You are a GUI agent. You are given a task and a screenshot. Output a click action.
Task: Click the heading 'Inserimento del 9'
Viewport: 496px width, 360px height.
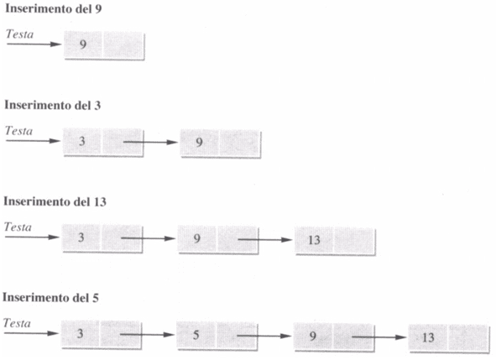54,9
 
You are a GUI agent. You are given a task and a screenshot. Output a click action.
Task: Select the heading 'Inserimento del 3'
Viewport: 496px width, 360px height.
53,106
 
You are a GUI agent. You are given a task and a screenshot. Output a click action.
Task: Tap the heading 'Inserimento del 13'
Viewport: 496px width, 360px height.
55,201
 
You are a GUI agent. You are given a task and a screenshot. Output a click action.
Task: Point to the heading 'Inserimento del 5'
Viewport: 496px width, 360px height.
50,298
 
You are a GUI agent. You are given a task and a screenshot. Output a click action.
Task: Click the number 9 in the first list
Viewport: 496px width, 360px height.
83,44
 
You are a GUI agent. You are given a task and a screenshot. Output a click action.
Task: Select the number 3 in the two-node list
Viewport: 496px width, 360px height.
82,141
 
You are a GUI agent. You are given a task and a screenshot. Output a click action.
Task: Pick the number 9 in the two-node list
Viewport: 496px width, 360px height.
199,142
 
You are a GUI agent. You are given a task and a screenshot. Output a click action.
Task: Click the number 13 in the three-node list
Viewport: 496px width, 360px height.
314,240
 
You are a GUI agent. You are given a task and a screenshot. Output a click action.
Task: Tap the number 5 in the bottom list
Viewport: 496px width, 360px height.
196,335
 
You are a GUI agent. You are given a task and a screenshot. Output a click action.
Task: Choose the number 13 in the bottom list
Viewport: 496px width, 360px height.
428,337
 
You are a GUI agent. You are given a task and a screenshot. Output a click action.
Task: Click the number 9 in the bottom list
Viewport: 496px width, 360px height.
312,336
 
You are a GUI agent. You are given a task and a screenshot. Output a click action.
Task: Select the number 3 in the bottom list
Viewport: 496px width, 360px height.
81,333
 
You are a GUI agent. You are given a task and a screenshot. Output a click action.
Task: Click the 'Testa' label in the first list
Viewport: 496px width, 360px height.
19,34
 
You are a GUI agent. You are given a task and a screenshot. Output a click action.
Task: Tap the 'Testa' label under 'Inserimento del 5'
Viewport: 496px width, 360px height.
17,323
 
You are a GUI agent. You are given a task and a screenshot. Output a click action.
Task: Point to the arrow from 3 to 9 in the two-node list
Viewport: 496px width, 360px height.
150,142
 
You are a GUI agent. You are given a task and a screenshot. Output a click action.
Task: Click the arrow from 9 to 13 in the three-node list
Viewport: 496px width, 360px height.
265,239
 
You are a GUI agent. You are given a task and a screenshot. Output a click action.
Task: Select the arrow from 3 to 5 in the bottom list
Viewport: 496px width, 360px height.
147,334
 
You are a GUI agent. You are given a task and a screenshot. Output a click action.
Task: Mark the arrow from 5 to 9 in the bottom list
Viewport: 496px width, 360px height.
264,336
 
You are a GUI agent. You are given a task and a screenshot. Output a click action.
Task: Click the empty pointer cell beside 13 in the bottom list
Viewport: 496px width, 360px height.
467,337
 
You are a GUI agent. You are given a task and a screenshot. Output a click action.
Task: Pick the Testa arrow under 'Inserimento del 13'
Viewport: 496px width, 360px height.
32,237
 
